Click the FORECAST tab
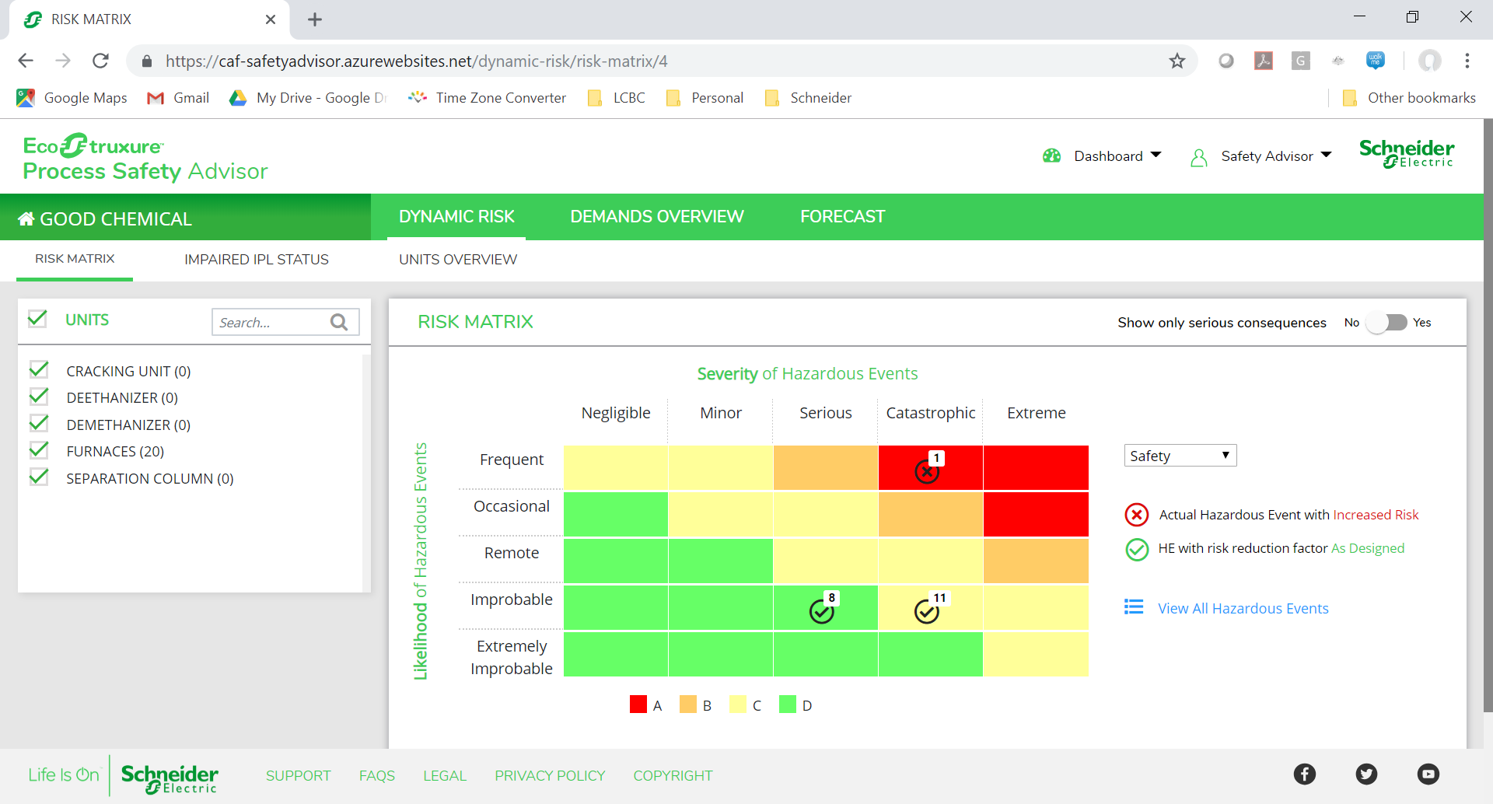pyautogui.click(x=842, y=217)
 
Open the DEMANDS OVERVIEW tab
pyautogui.click(x=656, y=217)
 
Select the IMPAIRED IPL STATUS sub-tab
pyautogui.click(x=256, y=260)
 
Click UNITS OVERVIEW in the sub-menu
pyautogui.click(x=457, y=260)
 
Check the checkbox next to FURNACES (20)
pyautogui.click(x=39, y=451)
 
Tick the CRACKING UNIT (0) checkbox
pyautogui.click(x=39, y=370)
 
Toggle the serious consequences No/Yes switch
pyautogui.click(x=1386, y=322)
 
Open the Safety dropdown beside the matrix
pyautogui.click(x=1180, y=456)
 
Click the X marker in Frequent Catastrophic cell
pyautogui.click(x=926, y=470)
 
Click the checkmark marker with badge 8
pyautogui.click(x=821, y=612)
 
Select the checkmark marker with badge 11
pyautogui.click(x=926, y=612)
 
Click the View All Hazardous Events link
pyautogui.click(x=1243, y=608)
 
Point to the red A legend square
pyautogui.click(x=638, y=704)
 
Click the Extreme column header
pyautogui.click(x=1036, y=413)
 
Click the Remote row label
pyautogui.click(x=511, y=553)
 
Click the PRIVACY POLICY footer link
pyautogui.click(x=549, y=775)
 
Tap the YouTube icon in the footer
pyautogui.click(x=1428, y=774)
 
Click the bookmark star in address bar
pyautogui.click(x=1177, y=61)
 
